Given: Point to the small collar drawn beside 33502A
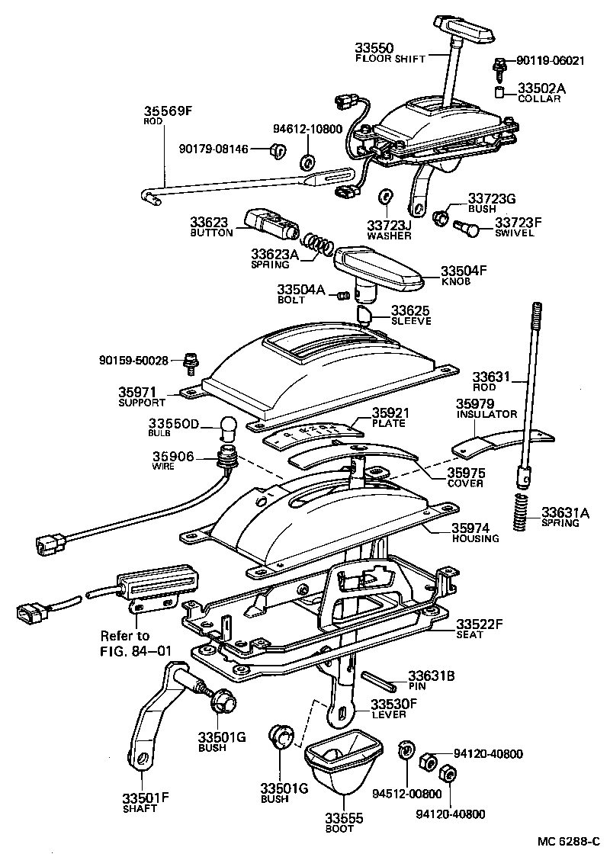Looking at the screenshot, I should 499,93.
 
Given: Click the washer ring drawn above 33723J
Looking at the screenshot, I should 386,197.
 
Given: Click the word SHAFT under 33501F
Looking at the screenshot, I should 140,809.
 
